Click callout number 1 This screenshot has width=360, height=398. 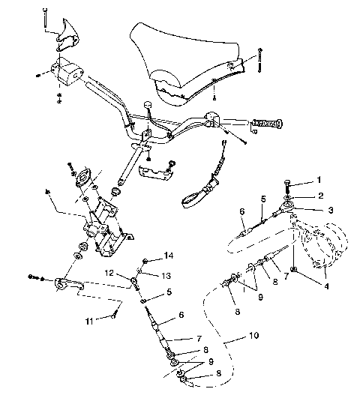click(x=317, y=181)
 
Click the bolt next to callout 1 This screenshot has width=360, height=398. click(x=289, y=183)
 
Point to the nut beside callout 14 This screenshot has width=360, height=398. click(x=144, y=260)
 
